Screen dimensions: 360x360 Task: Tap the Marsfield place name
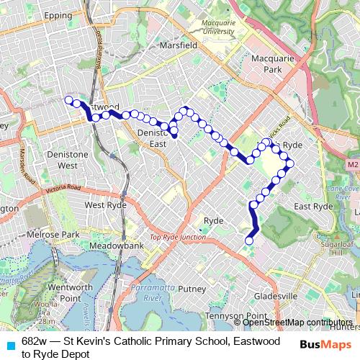180,45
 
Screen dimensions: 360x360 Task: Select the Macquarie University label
218,27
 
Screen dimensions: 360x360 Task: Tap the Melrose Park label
51,235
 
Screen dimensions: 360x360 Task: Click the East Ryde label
315,206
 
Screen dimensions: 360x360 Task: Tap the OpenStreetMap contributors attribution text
297,323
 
